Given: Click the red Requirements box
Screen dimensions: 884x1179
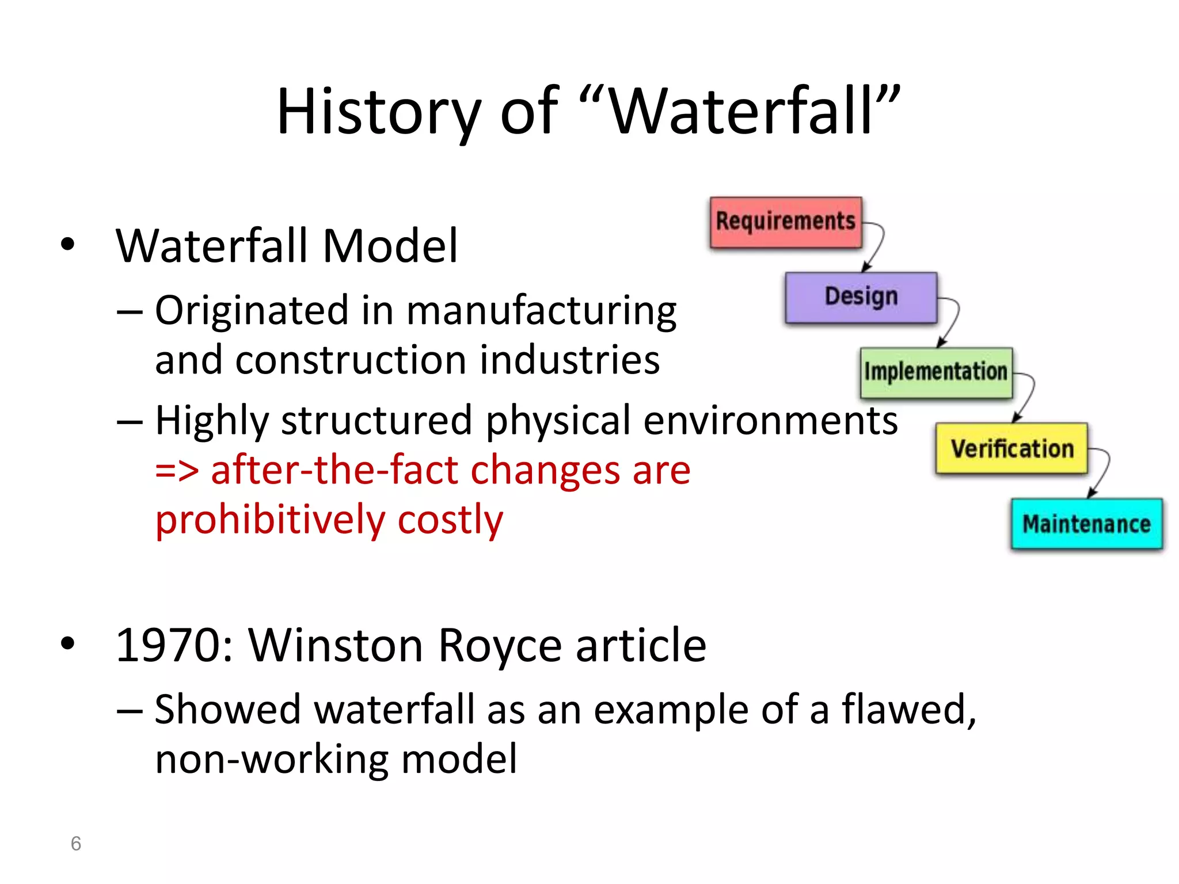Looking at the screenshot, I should point(786,222).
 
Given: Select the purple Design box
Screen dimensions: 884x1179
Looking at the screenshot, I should point(861,298).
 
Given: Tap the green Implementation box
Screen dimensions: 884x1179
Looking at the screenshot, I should point(936,372).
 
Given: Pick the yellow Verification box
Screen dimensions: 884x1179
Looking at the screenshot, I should point(1011,448).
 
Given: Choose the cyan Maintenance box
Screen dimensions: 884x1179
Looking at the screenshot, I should point(1087,524).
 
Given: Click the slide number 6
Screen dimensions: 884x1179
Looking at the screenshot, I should point(76,844).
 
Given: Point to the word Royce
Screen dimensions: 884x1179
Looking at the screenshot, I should point(499,646).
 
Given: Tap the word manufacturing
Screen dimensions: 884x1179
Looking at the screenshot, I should point(541,311).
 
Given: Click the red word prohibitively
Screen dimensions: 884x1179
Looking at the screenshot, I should point(270,520).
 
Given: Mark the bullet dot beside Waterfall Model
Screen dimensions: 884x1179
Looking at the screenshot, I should point(68,244).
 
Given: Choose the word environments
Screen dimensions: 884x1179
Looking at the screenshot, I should point(770,421).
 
